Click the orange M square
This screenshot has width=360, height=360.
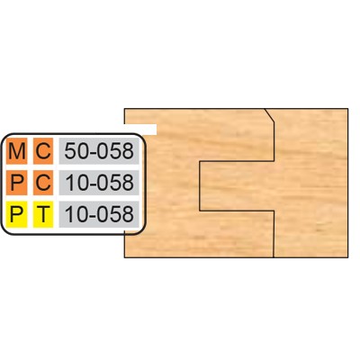click(16, 151)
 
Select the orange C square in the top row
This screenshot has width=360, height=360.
click(43, 151)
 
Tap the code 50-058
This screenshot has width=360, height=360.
click(99, 151)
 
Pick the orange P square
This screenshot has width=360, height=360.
click(16, 183)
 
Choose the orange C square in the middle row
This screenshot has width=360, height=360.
click(43, 183)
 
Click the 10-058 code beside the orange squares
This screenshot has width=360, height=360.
click(99, 183)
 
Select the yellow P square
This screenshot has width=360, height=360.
click(16, 214)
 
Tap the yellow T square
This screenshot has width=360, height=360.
click(43, 214)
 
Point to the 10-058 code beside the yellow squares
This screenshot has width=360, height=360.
click(99, 214)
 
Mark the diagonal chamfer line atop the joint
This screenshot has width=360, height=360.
click(269, 115)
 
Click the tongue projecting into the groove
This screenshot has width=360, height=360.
click(237, 186)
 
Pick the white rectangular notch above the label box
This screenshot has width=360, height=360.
click(140, 129)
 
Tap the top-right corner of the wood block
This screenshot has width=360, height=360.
click(348, 109)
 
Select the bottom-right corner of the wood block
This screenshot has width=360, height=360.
click(348, 257)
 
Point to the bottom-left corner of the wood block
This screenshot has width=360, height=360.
click(124, 257)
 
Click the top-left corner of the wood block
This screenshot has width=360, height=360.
click(124, 109)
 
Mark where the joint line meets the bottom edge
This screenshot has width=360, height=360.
click(274, 257)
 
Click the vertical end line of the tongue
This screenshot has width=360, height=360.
click(200, 186)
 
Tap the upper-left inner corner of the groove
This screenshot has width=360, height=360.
click(200, 161)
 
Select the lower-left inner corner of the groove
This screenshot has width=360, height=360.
click(200, 211)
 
